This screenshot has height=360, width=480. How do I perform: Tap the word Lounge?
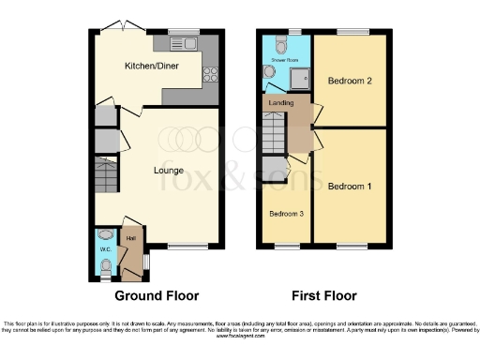(169, 171)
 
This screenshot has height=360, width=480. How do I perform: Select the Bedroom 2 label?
(350, 82)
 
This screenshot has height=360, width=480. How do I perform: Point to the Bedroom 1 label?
(350, 187)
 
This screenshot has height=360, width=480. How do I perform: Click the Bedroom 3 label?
(286, 214)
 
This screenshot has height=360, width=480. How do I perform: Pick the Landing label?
(280, 102)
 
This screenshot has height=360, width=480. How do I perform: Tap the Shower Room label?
(284, 59)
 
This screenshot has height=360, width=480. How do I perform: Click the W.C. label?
(106, 249)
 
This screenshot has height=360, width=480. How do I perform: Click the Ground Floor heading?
(157, 295)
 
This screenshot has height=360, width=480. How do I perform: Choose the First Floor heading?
(323, 295)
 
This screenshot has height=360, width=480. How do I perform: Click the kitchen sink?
(178, 44)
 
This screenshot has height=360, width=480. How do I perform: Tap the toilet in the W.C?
(105, 269)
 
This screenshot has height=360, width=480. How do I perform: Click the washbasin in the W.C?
(105, 235)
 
